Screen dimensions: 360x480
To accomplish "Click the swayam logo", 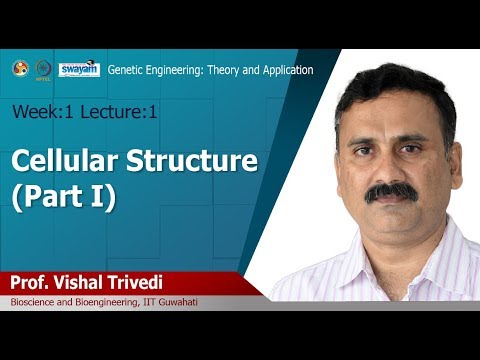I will (x=79, y=68).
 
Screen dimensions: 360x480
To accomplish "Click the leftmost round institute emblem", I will (x=19, y=68).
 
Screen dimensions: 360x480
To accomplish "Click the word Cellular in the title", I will (x=63, y=160).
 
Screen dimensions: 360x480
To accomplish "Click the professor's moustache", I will (x=391, y=189).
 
